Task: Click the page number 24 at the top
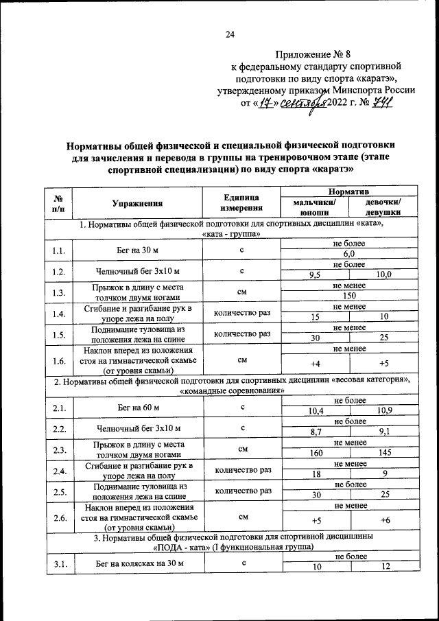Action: (x=230, y=35)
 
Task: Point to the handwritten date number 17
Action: (x=267, y=102)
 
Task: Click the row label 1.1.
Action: (x=57, y=249)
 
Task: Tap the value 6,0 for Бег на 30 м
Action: (x=348, y=255)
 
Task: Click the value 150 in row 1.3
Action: (x=348, y=295)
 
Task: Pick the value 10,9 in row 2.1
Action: (x=383, y=412)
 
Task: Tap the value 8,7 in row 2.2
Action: (x=315, y=432)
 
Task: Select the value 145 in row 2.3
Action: (x=383, y=453)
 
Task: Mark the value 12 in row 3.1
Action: (x=383, y=567)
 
